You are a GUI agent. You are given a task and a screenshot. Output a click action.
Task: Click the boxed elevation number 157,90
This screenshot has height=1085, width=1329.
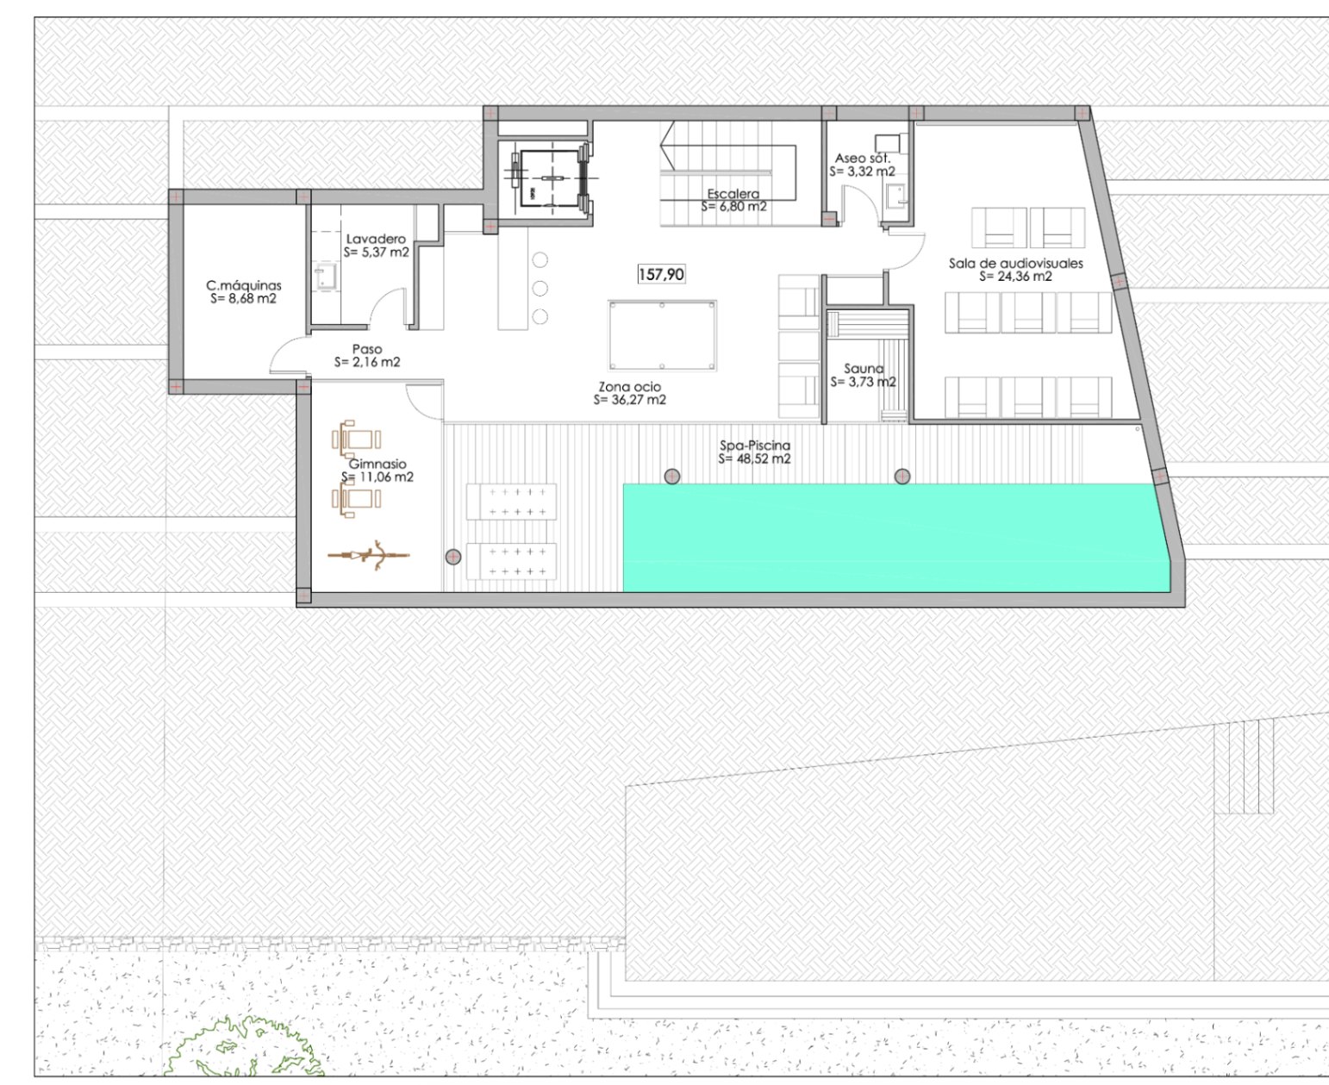[x=661, y=274]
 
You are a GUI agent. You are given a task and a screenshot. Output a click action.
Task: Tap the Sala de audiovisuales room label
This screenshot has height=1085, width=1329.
[x=1015, y=263]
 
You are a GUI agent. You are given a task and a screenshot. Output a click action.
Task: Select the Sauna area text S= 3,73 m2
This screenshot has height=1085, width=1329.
[x=863, y=382]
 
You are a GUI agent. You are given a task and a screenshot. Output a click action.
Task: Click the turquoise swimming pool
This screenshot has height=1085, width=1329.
[x=896, y=538]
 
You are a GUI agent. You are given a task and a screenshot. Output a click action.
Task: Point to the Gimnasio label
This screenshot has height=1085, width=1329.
[x=377, y=464]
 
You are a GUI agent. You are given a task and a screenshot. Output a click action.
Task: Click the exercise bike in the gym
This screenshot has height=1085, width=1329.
[x=369, y=556]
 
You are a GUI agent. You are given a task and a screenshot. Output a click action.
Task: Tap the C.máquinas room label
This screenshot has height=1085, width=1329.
[x=243, y=285]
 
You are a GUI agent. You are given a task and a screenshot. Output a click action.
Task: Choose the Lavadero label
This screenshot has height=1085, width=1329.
[x=376, y=239]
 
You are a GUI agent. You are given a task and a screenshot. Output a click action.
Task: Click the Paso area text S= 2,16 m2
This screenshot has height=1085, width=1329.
[x=367, y=363]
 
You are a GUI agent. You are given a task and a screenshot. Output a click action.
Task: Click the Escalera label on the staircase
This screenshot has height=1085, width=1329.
[x=733, y=194]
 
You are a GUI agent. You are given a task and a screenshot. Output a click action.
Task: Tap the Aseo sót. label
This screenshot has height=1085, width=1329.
[x=862, y=158]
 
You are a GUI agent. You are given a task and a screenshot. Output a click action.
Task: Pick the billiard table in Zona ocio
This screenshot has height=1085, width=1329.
[x=662, y=334]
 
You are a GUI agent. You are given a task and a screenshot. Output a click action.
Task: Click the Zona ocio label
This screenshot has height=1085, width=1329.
[x=629, y=387]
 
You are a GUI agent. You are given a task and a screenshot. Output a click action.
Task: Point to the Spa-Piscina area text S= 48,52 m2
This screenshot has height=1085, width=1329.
[x=754, y=459]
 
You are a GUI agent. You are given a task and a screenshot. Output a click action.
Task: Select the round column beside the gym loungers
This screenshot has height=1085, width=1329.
[x=453, y=557]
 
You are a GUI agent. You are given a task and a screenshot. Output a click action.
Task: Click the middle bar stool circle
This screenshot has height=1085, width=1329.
[x=540, y=288]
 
